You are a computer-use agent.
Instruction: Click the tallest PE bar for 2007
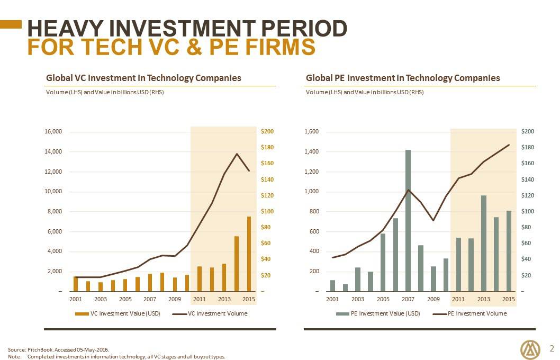click(408, 221)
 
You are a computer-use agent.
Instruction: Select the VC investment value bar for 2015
click(249, 254)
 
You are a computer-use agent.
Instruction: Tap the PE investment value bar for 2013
click(484, 244)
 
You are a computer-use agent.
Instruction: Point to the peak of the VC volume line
click(237, 154)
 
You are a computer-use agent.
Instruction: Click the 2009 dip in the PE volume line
click(433, 220)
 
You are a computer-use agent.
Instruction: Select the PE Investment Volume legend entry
click(469, 313)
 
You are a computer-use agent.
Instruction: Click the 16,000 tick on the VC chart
click(53, 131)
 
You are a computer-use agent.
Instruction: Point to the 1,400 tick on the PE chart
click(311, 151)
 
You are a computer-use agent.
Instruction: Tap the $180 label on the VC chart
click(267, 147)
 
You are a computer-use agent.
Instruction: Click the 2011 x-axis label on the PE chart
click(458, 299)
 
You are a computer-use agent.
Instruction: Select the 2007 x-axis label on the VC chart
click(150, 299)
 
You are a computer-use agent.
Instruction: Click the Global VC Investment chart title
click(143, 78)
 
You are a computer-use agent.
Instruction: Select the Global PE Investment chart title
click(403, 78)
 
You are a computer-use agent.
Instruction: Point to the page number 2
click(552, 348)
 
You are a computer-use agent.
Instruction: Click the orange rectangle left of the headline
click(11, 24)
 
